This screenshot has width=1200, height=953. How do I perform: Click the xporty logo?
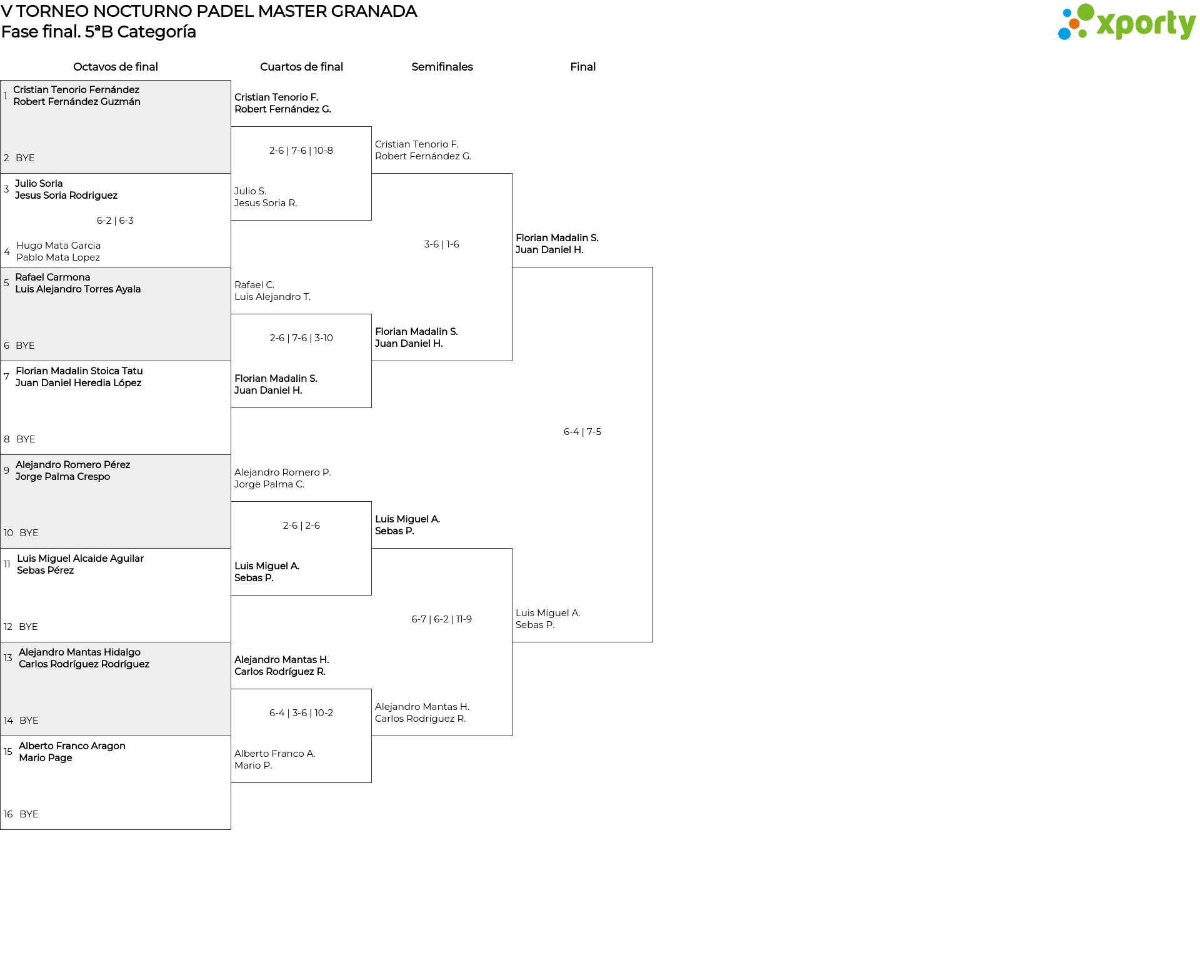point(1126,22)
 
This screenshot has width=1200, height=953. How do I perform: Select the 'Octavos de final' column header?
point(116,67)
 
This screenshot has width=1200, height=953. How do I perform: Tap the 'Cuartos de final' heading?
point(301,67)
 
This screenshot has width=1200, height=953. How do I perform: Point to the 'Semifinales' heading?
point(442,67)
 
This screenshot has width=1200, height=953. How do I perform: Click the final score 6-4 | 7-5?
point(582,432)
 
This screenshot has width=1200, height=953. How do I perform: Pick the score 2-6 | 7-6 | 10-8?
point(301,151)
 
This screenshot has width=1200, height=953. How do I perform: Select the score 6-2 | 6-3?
point(115,221)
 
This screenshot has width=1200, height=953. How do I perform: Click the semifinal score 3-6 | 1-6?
point(442,244)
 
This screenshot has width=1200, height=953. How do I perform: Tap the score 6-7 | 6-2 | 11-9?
point(442,619)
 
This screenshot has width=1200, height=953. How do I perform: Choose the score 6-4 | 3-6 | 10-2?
point(301,713)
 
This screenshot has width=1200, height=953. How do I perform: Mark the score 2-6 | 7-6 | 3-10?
point(301,338)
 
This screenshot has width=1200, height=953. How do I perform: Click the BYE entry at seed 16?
point(29,814)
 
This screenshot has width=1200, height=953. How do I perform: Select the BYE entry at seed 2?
point(25,158)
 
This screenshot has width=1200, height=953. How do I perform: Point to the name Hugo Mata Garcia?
point(58,246)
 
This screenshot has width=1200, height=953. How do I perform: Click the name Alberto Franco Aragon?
point(72,746)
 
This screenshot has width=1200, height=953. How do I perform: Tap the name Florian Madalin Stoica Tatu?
point(79,371)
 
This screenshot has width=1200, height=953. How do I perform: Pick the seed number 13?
point(8,658)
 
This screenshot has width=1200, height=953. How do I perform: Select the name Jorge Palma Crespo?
point(62,477)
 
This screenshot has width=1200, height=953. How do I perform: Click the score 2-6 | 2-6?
point(301,526)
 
